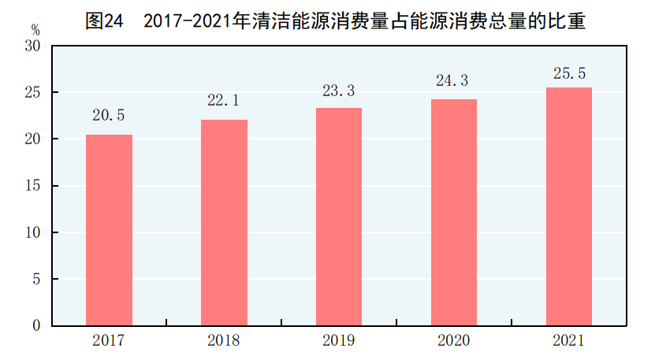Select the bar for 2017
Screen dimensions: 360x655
click(109, 230)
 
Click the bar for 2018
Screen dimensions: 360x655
click(224, 223)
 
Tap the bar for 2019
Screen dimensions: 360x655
click(339, 217)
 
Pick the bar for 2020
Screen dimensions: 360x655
click(453, 213)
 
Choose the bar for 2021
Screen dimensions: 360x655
click(568, 206)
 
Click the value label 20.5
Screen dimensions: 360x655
click(109, 115)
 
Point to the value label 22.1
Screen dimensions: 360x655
click(224, 100)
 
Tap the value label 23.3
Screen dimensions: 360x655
click(339, 90)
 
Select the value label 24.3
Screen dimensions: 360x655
click(453, 80)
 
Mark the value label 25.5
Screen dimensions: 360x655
click(568, 73)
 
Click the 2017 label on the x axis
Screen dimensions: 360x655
click(108, 341)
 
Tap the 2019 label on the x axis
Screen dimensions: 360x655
click(338, 341)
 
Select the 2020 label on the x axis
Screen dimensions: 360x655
click(453, 341)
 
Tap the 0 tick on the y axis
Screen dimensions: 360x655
click(37, 325)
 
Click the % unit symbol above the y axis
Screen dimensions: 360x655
click(35, 29)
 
